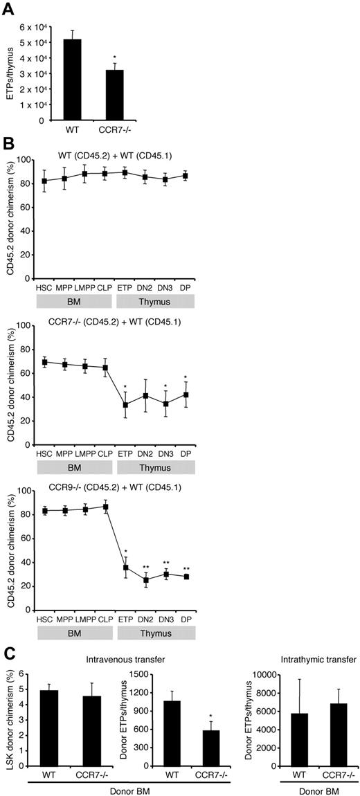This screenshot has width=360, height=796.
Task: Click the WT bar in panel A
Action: [72, 80]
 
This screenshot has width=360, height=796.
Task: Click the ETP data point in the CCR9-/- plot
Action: [125, 568]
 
